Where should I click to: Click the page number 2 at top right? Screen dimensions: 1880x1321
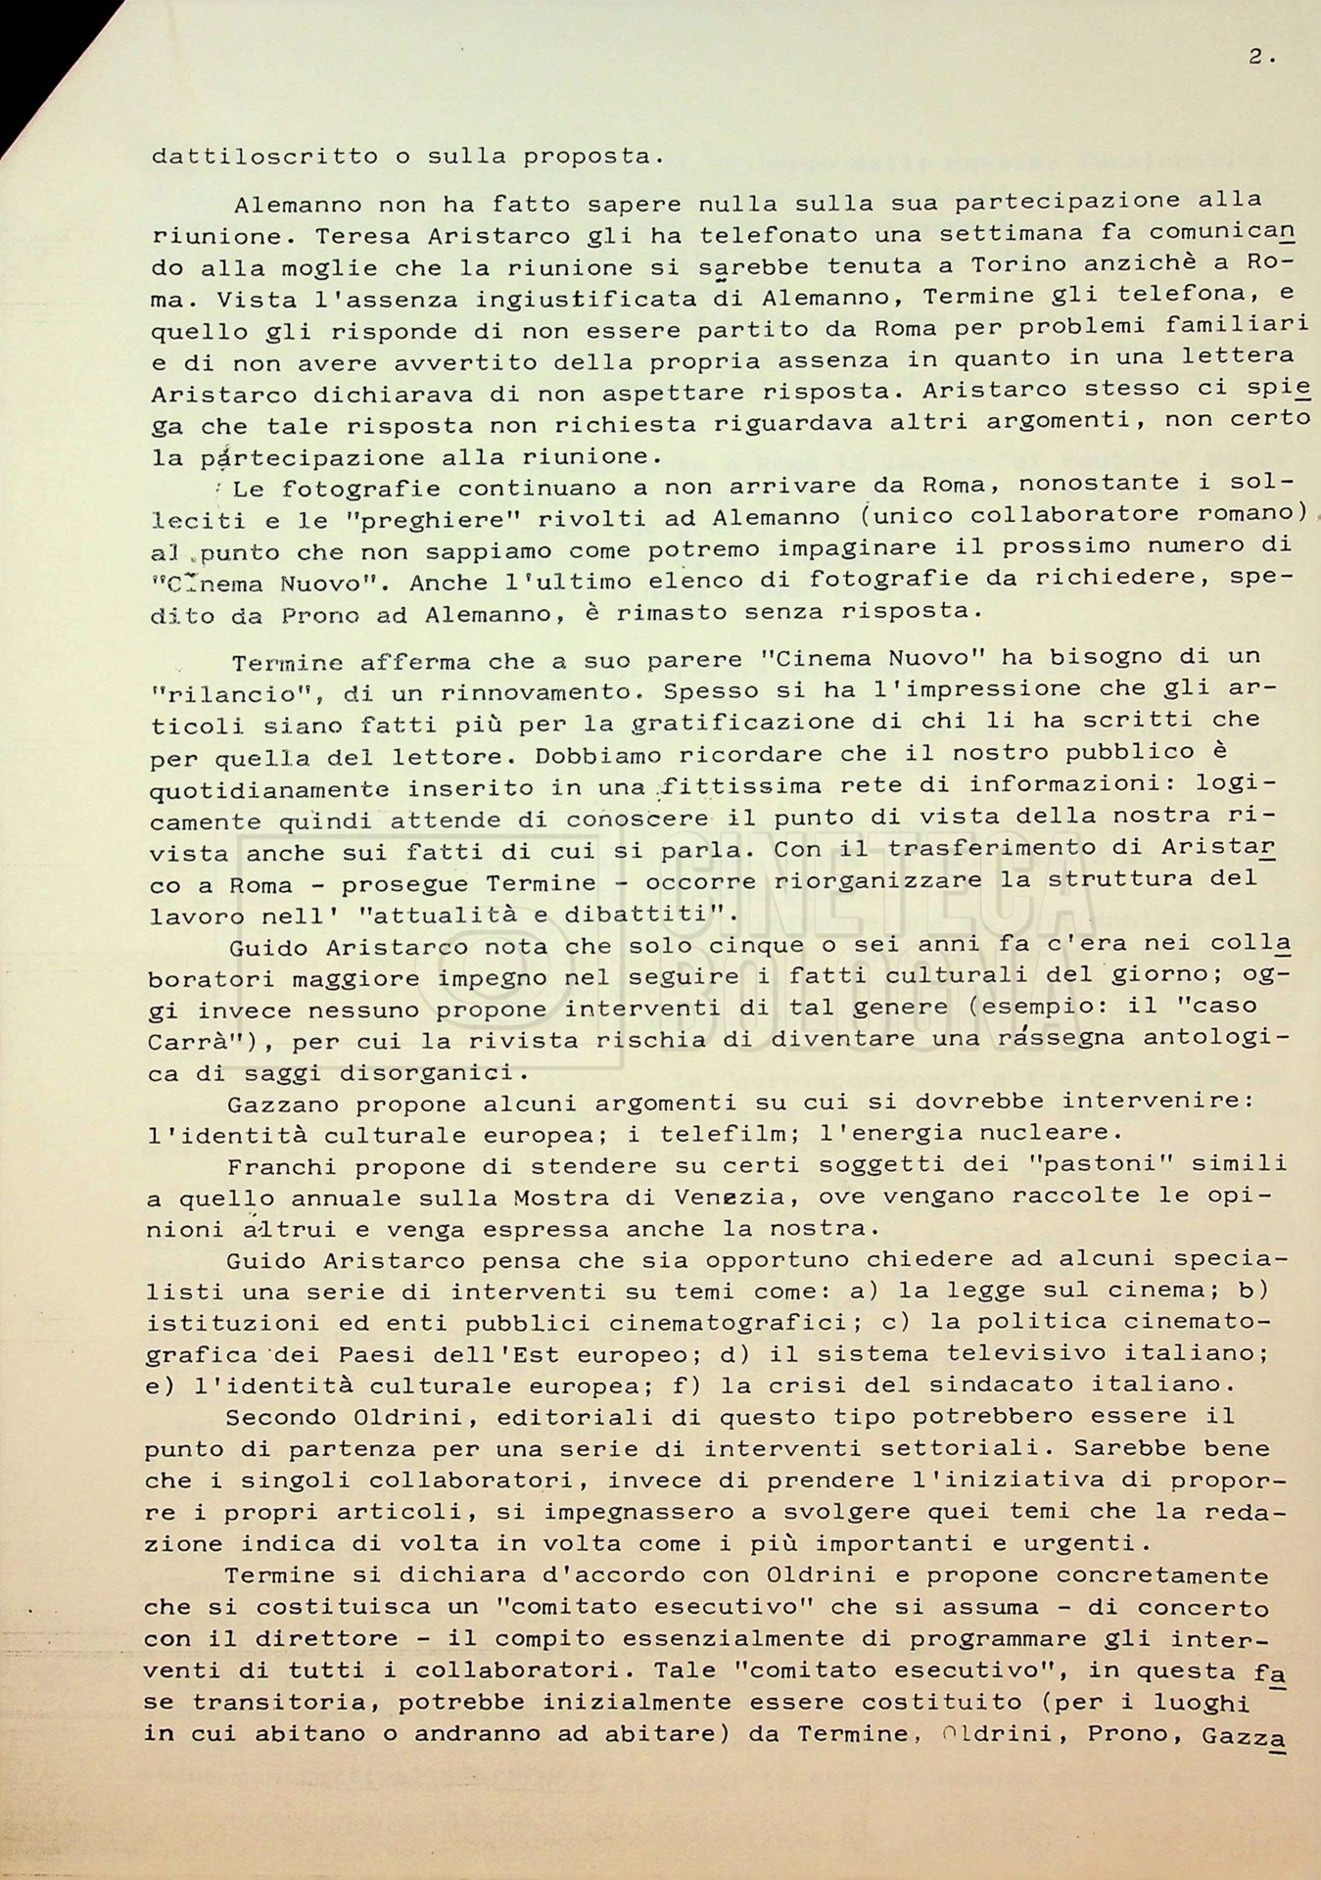(x=1256, y=58)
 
